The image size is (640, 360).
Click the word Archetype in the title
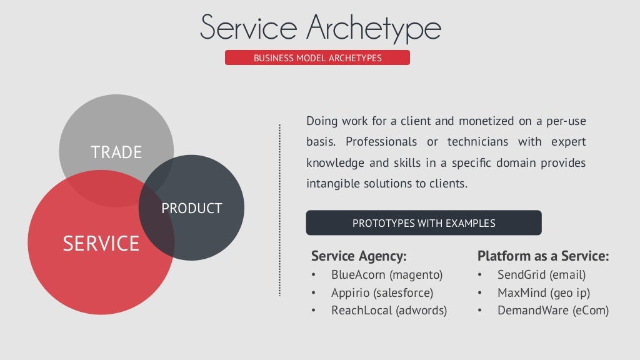(374, 28)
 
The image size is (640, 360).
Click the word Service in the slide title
(248, 28)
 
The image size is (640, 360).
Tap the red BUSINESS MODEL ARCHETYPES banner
(317, 58)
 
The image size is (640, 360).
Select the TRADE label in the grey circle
(116, 152)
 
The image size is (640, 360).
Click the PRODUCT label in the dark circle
(192, 209)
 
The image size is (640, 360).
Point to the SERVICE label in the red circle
(101, 243)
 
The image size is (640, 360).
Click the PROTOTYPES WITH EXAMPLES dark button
(424, 223)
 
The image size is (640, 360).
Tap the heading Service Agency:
(359, 256)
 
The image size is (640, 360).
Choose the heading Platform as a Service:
(542, 256)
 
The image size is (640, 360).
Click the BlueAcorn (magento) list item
(387, 274)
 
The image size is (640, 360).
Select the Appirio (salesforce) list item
(382, 292)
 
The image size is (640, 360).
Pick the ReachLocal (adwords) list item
(389, 311)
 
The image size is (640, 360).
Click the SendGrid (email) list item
(541, 274)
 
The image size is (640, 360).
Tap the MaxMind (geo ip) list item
(543, 292)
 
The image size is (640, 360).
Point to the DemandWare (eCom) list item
(552, 311)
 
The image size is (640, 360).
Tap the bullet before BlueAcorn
(314, 275)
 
